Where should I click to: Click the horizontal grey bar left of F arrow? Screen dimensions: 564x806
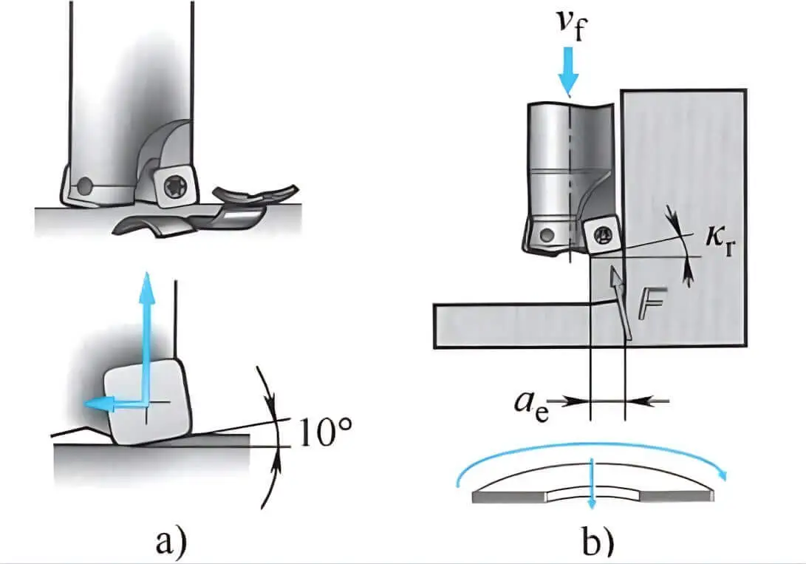click(510, 325)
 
